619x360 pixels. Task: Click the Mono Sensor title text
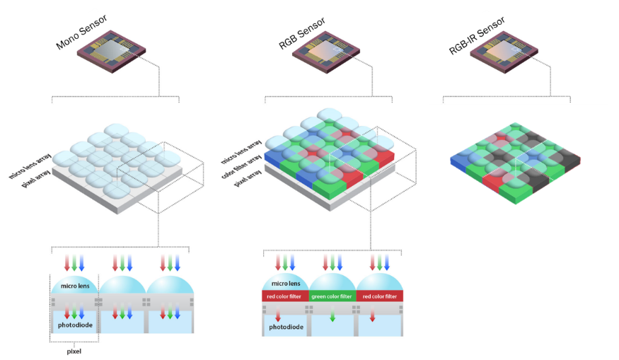[81, 32]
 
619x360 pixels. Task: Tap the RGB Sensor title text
[302, 33]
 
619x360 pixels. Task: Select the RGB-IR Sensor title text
[477, 35]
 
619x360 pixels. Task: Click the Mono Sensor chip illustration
[111, 52]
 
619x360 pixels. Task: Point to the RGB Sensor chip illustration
[326, 52]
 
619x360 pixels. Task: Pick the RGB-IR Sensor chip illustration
[504, 52]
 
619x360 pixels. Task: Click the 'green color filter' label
[332, 296]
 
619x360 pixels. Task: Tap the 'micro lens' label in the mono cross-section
[75, 286]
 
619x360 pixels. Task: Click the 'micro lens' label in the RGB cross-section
[286, 284]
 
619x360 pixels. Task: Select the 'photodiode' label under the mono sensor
[75, 325]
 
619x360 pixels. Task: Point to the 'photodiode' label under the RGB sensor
[287, 327]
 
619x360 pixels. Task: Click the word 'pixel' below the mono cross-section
[74, 352]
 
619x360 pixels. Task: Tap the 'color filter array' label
[241, 166]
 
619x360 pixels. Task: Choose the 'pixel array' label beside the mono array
[36, 178]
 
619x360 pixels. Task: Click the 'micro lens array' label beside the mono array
[30, 166]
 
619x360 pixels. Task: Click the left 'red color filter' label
[284, 296]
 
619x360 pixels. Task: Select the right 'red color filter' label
[380, 296]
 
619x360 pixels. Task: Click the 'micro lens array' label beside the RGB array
[241, 151]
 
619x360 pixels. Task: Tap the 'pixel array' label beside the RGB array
[248, 178]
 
